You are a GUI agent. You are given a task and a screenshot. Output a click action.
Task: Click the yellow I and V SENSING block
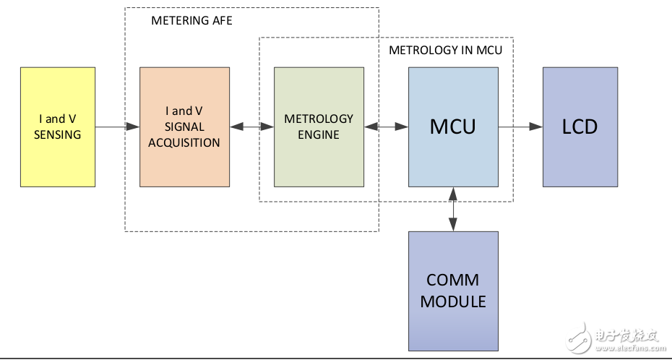58,127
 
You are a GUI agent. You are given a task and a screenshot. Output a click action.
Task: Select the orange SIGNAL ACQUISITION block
184,127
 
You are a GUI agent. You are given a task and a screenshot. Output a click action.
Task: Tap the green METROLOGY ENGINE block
319,127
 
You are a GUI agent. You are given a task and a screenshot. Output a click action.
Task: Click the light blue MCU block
453,127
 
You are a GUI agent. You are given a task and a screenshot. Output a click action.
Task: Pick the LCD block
580,127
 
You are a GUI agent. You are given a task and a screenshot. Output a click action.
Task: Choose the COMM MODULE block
453,291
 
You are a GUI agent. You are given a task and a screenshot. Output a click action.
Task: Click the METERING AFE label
191,21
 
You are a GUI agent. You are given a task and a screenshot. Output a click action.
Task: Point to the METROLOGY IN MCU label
445,51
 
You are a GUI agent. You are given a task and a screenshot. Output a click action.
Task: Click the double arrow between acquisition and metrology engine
251,127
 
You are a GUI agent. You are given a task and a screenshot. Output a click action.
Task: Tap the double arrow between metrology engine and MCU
386,127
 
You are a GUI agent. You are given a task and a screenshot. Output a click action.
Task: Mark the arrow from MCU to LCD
520,127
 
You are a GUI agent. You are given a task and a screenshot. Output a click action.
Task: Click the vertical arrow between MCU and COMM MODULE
453,209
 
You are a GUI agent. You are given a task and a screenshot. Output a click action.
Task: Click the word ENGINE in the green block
319,135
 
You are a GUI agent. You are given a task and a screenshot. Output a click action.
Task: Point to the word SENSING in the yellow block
58,134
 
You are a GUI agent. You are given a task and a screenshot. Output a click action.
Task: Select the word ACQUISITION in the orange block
184,142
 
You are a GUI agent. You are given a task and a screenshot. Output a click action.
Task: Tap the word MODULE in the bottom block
453,301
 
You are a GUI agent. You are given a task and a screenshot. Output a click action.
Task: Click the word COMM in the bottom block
453,280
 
